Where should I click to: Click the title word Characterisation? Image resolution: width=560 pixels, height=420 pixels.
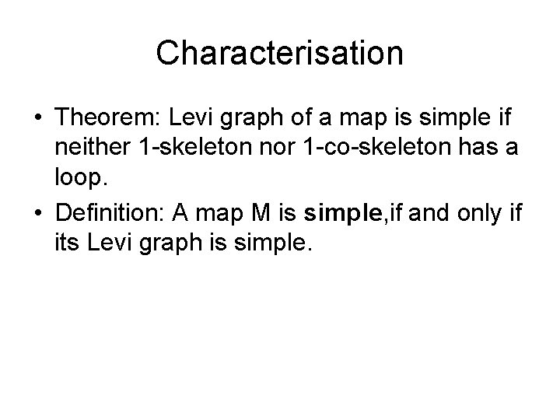tap(279, 54)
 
